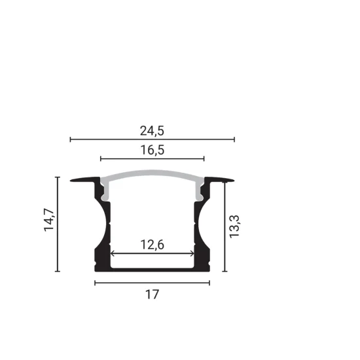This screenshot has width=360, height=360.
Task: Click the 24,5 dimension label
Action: click(152, 130)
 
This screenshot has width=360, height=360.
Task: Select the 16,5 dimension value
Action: click(152, 150)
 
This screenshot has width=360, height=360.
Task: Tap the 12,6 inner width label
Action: click(152, 245)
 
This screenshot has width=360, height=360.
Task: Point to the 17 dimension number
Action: click(152, 295)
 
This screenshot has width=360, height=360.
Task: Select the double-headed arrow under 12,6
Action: click(152, 253)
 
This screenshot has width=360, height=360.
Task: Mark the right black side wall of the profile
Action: click(201, 236)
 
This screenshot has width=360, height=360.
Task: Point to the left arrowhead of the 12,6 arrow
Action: click(113, 253)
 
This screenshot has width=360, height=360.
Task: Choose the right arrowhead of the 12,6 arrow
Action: click(192, 253)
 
